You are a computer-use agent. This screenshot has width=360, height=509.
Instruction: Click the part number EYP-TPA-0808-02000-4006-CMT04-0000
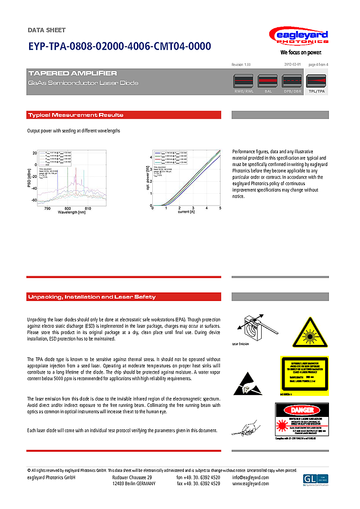pyautogui.click(x=119, y=47)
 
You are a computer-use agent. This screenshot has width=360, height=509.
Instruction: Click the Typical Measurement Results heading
pyautogui.click(x=75, y=115)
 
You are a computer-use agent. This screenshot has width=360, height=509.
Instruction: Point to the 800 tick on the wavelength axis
pyautogui.click(x=67, y=208)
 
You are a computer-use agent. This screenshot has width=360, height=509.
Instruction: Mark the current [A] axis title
pyautogui.click(x=186, y=212)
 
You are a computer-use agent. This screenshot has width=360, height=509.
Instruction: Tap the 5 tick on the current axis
pyautogui.click(x=220, y=208)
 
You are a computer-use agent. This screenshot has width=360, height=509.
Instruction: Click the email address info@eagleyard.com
pyautogui.click(x=251, y=477)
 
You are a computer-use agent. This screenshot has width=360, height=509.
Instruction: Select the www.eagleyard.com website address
pyautogui.click(x=251, y=483)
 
